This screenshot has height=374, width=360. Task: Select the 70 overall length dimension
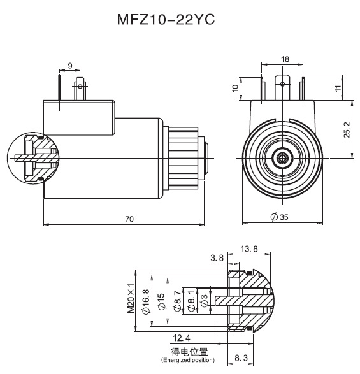tap(129, 219)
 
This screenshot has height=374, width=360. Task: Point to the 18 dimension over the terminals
tap(285, 59)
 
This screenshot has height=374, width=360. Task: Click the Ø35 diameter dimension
tap(280, 217)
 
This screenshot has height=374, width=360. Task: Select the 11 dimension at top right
tap(338, 89)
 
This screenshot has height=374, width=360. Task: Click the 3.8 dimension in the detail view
tap(217, 259)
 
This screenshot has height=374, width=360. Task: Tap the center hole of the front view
tap(280, 157)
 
